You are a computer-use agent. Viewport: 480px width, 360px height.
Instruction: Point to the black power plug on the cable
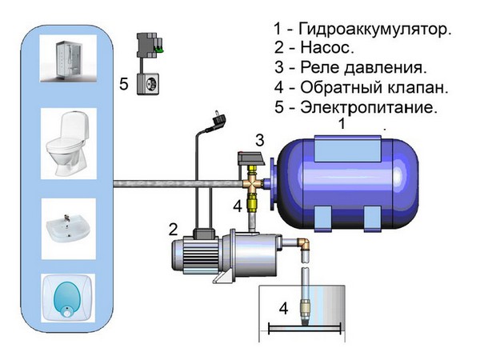[x=217, y=122]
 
